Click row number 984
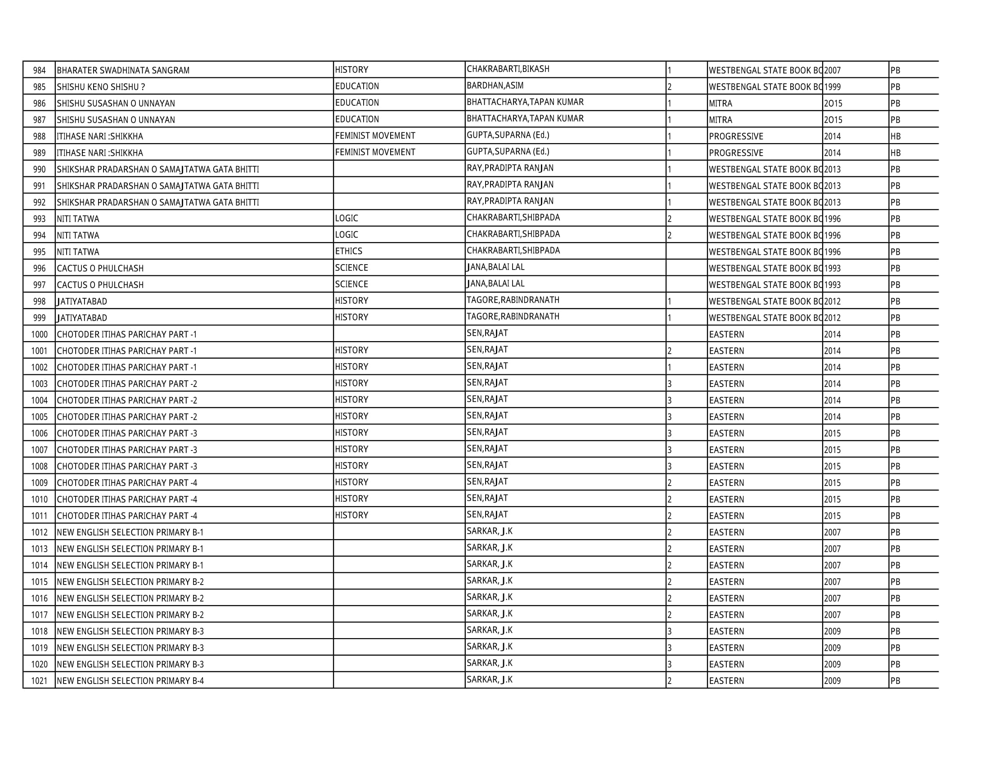tap(40, 70)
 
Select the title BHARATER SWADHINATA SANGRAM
tap(123, 70)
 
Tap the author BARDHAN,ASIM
tap(495, 85)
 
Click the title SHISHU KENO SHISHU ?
tap(101, 87)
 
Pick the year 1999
tap(832, 87)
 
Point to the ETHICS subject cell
tap(349, 251)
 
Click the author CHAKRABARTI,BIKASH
tap(508, 69)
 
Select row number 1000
tap(40, 334)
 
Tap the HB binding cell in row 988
tap(895, 136)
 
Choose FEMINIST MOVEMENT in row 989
tap(375, 152)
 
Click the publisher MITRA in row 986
tap(720, 103)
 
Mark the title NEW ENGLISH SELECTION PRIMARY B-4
tap(130, 681)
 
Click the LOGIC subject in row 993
tap(346, 218)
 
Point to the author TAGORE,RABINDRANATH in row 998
tap(513, 300)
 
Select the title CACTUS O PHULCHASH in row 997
tap(100, 285)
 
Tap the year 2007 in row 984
tap(832, 70)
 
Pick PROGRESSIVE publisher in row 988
tap(736, 136)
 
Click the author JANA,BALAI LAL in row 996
tap(495, 267)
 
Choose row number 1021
tap(40, 681)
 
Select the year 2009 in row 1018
tap(832, 631)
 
